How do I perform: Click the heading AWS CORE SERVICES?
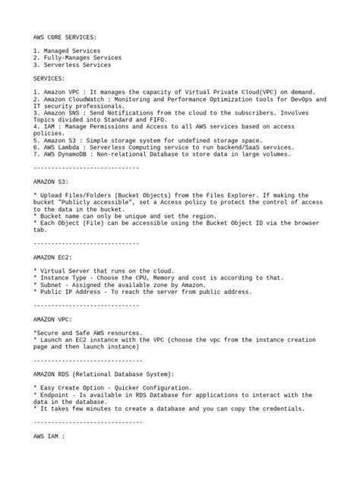coord(65,36)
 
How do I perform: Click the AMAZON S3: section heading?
coord(51,182)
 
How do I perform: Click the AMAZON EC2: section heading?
coord(53,257)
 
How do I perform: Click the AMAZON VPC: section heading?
coord(53,319)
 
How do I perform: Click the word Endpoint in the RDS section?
coord(53,395)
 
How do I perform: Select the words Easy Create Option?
coord(72,387)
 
